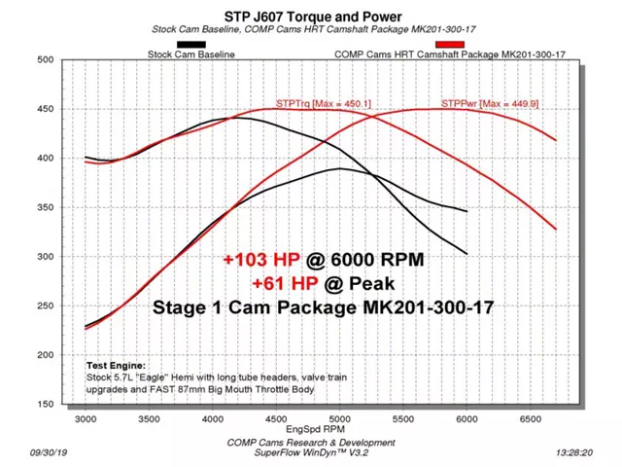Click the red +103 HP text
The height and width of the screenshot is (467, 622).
click(259, 261)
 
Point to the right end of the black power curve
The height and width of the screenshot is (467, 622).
click(467, 211)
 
